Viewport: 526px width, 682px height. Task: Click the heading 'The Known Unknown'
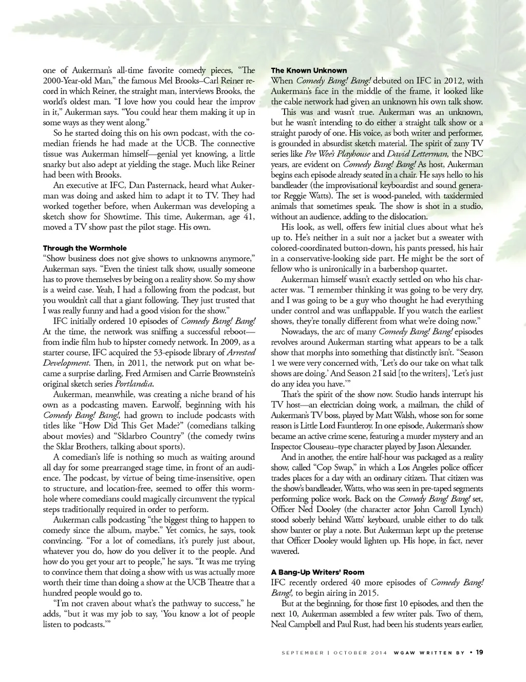[309, 70]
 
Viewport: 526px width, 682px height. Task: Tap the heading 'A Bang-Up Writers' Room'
[318, 572]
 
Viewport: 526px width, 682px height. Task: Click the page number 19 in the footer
[479, 653]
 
